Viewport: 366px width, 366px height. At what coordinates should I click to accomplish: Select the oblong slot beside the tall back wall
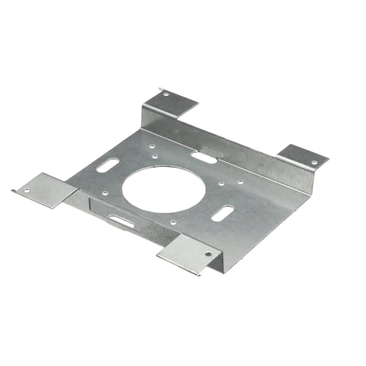(x=204, y=157)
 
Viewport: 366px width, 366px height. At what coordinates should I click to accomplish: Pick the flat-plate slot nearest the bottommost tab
(x=222, y=214)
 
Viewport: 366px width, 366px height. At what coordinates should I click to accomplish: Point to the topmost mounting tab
(x=170, y=102)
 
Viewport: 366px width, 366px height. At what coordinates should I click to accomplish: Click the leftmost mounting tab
(x=45, y=188)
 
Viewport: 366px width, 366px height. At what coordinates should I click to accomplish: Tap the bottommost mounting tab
(x=190, y=255)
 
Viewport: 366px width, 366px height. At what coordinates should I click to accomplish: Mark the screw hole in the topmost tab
(x=166, y=95)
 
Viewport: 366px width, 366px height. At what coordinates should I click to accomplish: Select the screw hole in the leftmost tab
(x=25, y=192)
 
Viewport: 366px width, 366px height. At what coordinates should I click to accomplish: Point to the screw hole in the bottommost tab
(x=207, y=254)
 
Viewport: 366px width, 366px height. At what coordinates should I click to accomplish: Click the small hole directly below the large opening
(x=172, y=221)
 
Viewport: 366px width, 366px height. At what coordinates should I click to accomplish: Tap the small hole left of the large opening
(x=105, y=193)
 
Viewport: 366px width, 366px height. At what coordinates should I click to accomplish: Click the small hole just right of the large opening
(x=221, y=183)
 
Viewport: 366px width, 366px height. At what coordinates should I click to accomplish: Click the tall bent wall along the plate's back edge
(x=236, y=151)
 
